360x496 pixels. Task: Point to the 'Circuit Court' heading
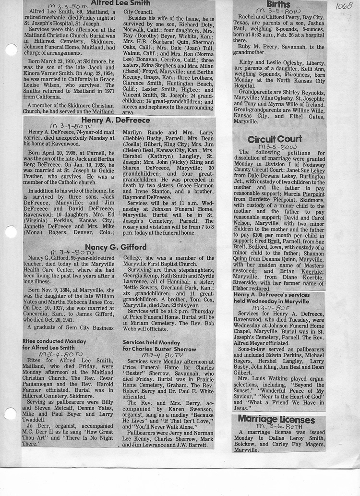click(x=275, y=139)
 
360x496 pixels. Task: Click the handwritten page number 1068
click(x=344, y=6)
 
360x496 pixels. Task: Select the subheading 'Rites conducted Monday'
click(x=54, y=340)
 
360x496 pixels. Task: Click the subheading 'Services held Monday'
click(x=150, y=342)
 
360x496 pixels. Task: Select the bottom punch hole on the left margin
click(x=11, y=413)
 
